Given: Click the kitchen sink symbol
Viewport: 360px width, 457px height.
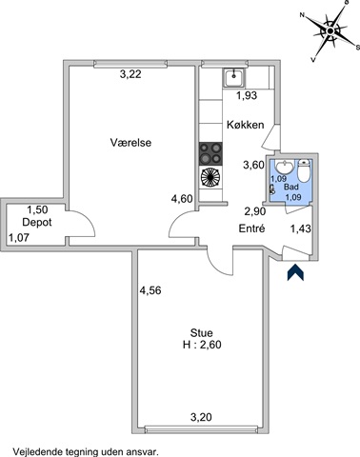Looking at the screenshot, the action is (234, 78).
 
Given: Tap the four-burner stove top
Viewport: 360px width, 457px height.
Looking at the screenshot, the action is (210, 154).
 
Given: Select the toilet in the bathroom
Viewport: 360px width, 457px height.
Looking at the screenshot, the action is (304, 171).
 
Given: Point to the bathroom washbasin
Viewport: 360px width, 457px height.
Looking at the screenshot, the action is (285, 168).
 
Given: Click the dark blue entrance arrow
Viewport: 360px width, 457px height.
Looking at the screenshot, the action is (295, 272).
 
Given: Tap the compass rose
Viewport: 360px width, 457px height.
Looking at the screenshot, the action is (330, 31).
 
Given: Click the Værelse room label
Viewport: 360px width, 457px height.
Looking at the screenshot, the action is (130, 143).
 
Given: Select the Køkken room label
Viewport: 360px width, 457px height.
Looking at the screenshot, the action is (245, 125).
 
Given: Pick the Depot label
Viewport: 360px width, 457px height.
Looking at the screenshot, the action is (37, 223).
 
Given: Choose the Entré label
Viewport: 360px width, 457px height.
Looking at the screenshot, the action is (251, 228).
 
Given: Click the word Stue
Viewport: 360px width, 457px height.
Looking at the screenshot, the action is (202, 333).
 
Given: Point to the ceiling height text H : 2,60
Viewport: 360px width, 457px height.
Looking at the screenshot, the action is (202, 345).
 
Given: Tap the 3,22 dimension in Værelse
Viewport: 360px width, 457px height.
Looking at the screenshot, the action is (130, 74).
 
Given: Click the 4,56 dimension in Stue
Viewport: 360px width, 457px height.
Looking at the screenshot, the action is (150, 290).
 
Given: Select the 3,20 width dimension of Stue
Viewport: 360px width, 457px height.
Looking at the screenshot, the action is (201, 417).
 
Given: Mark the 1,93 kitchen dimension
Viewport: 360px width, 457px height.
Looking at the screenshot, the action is (247, 95).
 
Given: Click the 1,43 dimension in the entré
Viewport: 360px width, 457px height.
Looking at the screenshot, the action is (301, 228).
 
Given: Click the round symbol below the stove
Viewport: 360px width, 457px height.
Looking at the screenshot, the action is (210, 178).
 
